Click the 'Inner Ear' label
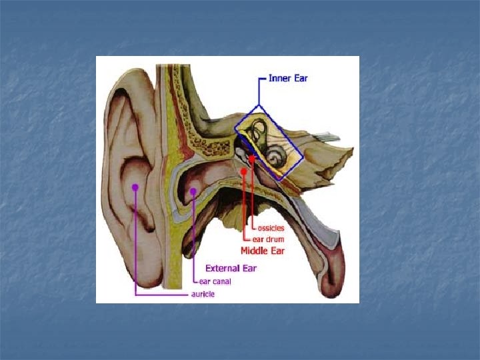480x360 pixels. [288, 78]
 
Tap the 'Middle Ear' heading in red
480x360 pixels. [262, 251]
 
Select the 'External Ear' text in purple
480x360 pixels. [230, 269]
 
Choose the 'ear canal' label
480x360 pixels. [219, 281]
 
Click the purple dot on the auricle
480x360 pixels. [135, 187]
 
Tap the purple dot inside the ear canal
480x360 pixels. [193, 191]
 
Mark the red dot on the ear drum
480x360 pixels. [244, 171]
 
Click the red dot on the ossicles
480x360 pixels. [252, 158]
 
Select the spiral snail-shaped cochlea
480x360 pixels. [275, 157]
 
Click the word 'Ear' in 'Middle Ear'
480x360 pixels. [277, 251]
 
